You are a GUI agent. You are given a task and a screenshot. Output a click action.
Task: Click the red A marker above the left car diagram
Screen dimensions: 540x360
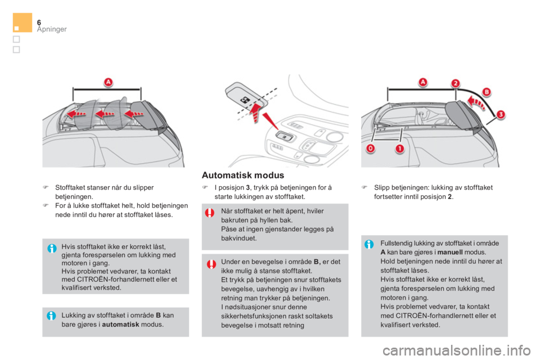pyautogui.click(x=109, y=82)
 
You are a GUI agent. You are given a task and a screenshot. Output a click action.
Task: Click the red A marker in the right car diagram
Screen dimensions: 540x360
pyautogui.click(x=423, y=82)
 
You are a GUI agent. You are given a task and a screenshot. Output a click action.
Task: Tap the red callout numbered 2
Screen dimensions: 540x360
pyautogui.click(x=455, y=83)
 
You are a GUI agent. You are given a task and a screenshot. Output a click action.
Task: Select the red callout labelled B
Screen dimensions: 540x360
pyautogui.click(x=487, y=92)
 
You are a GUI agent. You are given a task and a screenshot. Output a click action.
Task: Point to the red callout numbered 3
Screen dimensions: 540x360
pyautogui.click(x=501, y=114)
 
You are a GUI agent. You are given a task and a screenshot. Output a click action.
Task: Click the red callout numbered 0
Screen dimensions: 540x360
pyautogui.click(x=371, y=149)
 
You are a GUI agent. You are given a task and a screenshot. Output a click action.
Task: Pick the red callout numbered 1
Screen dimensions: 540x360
pyautogui.click(x=399, y=149)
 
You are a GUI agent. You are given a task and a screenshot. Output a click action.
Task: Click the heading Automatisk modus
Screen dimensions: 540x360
pyautogui.click(x=243, y=175)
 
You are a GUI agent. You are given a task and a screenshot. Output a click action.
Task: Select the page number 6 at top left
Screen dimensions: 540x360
pyautogui.click(x=39, y=22)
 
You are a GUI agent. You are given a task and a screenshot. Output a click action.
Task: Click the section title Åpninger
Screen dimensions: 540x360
pyautogui.click(x=52, y=29)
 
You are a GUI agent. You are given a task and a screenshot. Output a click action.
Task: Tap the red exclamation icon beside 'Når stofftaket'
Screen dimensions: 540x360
pyautogui.click(x=209, y=213)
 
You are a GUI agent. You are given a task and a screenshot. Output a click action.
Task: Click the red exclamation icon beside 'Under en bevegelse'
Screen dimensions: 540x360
pyautogui.click(x=211, y=264)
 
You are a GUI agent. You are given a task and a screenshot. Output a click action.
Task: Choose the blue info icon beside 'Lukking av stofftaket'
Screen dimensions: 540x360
pyautogui.click(x=51, y=316)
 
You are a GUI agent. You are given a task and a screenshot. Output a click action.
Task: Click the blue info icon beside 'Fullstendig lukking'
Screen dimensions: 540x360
pyautogui.click(x=369, y=244)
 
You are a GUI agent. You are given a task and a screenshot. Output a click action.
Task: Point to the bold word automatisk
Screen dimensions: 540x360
pyautogui.click(x=120, y=325)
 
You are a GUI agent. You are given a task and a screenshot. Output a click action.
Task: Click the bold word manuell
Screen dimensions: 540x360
pyautogui.click(x=450, y=252)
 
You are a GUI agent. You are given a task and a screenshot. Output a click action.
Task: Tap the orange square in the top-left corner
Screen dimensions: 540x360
pyautogui.click(x=22, y=22)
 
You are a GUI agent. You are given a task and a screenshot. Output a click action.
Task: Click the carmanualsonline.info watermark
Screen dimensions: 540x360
pyautogui.click(x=456, y=350)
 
